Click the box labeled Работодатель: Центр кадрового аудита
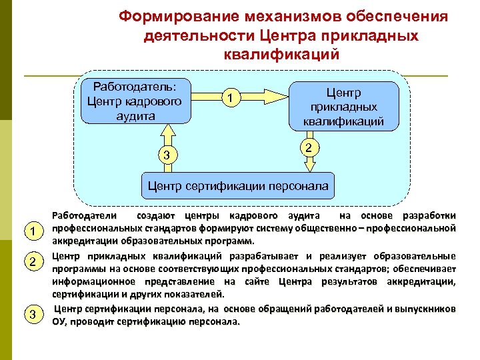tap(135, 101)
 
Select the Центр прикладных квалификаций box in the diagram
tap(343, 105)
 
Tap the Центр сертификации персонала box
tap(237, 186)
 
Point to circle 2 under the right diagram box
tap(308, 146)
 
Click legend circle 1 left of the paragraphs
tap(30, 231)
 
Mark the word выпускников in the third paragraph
tap(425, 309)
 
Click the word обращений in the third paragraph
tap(247, 309)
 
